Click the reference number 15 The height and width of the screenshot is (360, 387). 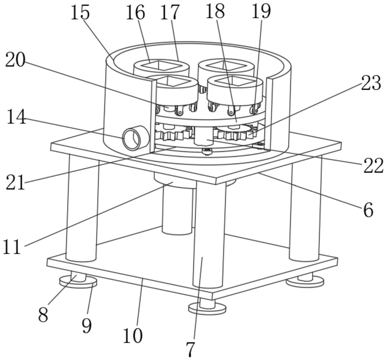point(80,12)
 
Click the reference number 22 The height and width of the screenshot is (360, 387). point(373,167)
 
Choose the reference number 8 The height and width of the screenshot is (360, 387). point(43,314)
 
